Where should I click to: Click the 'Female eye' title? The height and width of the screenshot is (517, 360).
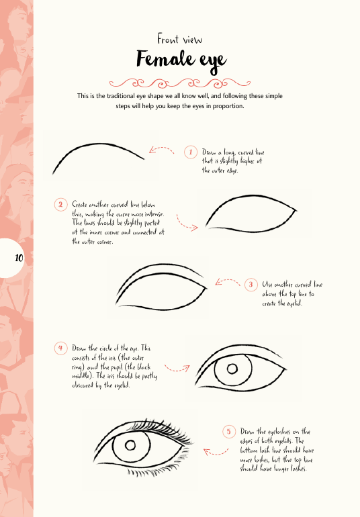click(x=181, y=60)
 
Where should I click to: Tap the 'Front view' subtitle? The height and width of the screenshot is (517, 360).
click(x=180, y=39)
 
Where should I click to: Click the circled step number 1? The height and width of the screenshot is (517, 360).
click(x=191, y=152)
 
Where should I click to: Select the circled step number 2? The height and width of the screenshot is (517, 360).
click(x=60, y=204)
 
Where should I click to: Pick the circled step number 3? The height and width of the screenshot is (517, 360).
click(x=251, y=285)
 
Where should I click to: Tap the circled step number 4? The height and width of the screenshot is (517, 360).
click(x=60, y=348)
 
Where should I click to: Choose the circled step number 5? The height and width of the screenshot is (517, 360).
click(x=229, y=432)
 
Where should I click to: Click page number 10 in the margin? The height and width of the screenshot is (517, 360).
click(x=19, y=258)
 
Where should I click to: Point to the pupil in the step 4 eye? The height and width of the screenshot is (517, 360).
click(x=232, y=369)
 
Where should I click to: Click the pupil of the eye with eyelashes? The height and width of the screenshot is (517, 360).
click(x=130, y=445)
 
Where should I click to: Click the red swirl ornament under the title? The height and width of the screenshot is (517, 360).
click(x=180, y=83)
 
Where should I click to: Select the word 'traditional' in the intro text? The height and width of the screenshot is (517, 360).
click(x=121, y=96)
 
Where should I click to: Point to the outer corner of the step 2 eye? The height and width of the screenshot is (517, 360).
click(x=297, y=210)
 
